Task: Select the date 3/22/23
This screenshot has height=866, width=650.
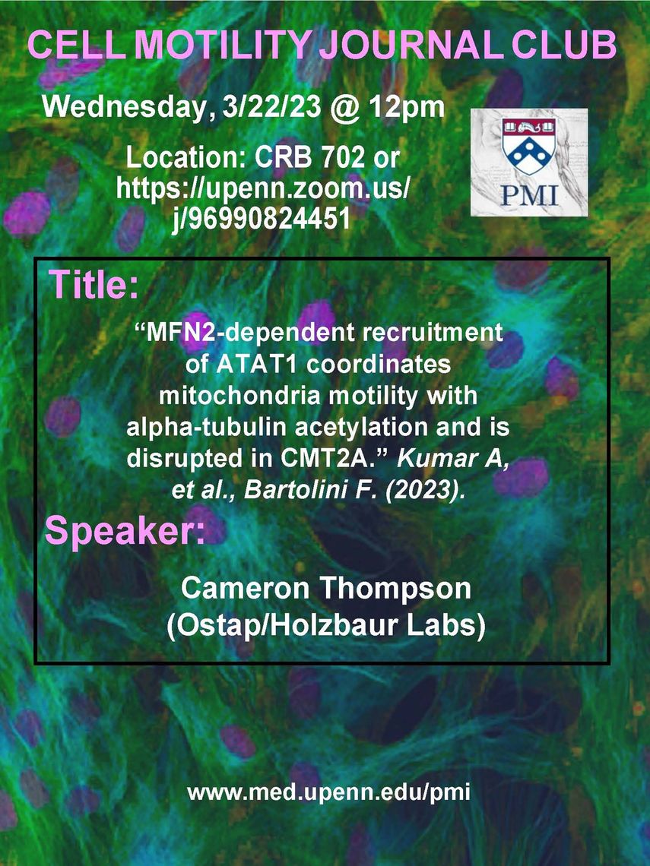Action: [271, 106]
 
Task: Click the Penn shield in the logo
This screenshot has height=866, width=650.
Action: [529, 146]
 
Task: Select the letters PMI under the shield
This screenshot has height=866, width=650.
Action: [530, 195]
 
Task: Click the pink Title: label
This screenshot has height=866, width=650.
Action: [94, 284]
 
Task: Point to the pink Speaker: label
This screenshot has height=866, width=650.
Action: [125, 530]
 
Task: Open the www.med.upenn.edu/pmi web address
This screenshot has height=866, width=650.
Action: [329, 793]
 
